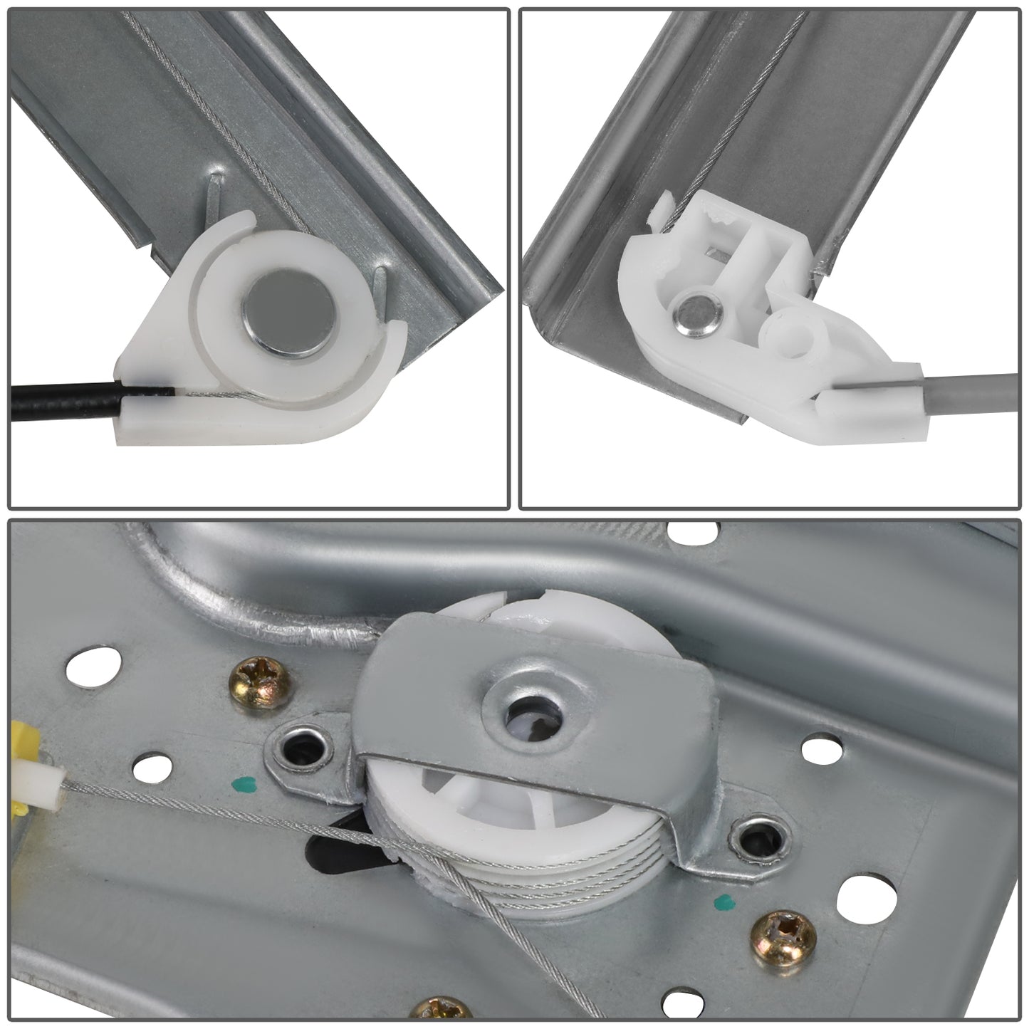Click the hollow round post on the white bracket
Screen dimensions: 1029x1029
(x=794, y=328)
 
